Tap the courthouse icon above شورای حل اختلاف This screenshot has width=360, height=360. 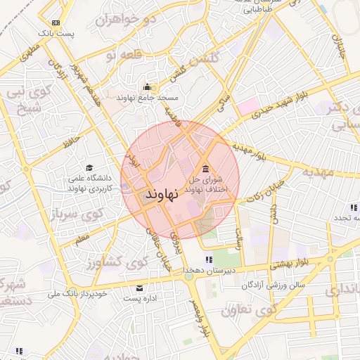(x=205, y=169)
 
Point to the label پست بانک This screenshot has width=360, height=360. (x=56, y=33)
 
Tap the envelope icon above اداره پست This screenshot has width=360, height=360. (x=139, y=288)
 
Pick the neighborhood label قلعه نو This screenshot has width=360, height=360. (x=136, y=55)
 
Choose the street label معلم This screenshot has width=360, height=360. (x=82, y=241)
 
